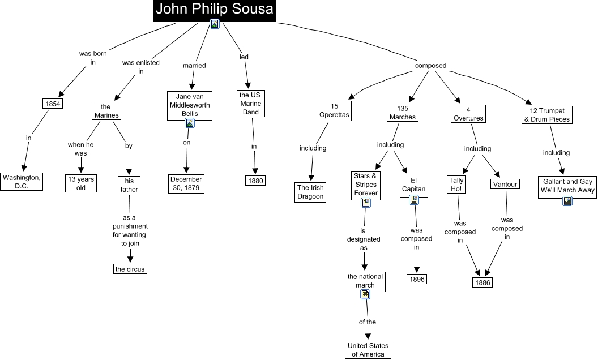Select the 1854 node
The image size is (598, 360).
[53, 104]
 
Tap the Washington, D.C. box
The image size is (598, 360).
[22, 182]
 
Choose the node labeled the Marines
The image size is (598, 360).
[106, 111]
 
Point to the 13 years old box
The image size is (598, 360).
[81, 183]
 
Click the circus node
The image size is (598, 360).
[130, 269]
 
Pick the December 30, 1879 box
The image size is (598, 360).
[186, 184]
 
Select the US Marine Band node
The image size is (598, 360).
[250, 104]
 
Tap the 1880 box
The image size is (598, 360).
[255, 181]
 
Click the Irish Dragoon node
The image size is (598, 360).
[310, 192]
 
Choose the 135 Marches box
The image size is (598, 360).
[403, 113]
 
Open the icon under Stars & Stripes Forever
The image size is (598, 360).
[366, 203]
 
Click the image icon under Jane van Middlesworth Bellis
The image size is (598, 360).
[190, 123]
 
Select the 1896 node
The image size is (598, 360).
[417, 279]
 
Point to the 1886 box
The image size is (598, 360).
[482, 282]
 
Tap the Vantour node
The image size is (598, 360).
[505, 184]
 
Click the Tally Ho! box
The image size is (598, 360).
[456, 185]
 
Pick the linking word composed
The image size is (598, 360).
[430, 66]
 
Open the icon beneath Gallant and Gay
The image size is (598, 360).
[567, 200]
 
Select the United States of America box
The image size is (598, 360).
[368, 350]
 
